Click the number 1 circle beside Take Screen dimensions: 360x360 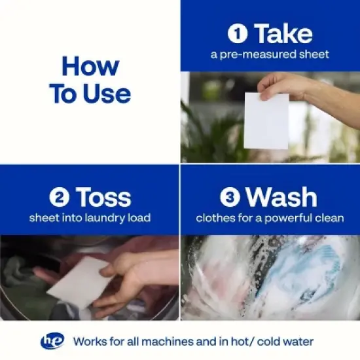click(238, 33)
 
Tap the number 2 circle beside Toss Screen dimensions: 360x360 click(60, 197)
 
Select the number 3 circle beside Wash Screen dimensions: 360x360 click(230, 197)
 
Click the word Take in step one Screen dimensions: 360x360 click(284, 33)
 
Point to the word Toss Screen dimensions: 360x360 click(104, 197)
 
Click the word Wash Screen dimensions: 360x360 click(281, 197)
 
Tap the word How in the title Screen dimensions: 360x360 click(90, 66)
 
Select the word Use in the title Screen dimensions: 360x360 click(107, 94)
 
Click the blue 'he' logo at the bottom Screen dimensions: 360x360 click(52, 341)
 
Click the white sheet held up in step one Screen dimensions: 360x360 click(266, 121)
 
